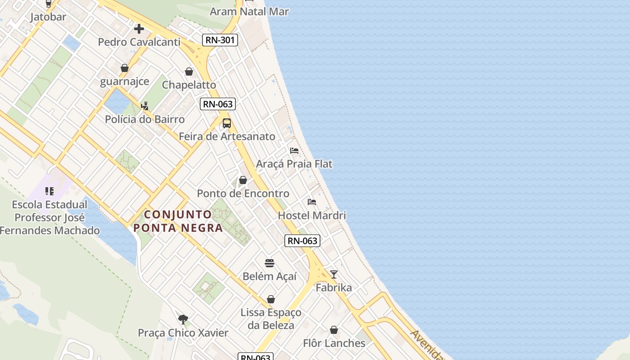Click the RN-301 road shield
coord(220,40)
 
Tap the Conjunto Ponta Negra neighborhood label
coord(178,221)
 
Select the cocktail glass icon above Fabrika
coord(334,274)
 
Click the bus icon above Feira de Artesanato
coord(227,123)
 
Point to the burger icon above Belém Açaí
coord(270,263)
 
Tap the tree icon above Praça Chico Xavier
coord(183,319)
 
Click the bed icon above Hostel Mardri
coord(312,202)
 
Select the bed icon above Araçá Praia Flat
coord(294,150)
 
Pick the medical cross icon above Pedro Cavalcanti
coord(139,29)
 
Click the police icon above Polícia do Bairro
coord(144,106)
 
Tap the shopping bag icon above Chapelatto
coord(189,72)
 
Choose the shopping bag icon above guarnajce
coord(125,68)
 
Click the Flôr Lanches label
coord(334,343)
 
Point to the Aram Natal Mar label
coord(249,12)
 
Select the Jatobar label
coord(48,17)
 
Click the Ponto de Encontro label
coord(243,193)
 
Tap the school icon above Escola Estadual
coord(49,191)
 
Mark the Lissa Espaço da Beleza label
coord(271,319)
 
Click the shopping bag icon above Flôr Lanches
coord(334,330)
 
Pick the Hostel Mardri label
coord(312,216)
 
